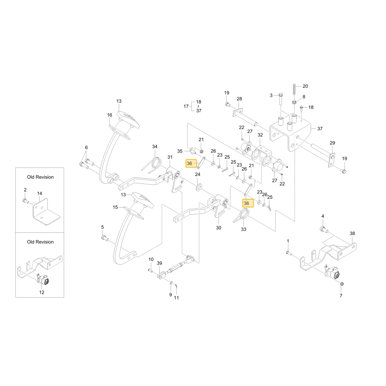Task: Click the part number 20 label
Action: (305, 86)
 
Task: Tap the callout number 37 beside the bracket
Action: (320, 129)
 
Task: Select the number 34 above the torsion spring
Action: (155, 146)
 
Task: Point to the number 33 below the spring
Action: (244, 229)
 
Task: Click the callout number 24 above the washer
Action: (198, 174)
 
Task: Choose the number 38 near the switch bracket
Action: (352, 234)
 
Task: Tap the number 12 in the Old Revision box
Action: (42, 292)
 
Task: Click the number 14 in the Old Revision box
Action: (40, 193)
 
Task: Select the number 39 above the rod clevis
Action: (159, 263)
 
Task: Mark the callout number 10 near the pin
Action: (151, 259)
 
